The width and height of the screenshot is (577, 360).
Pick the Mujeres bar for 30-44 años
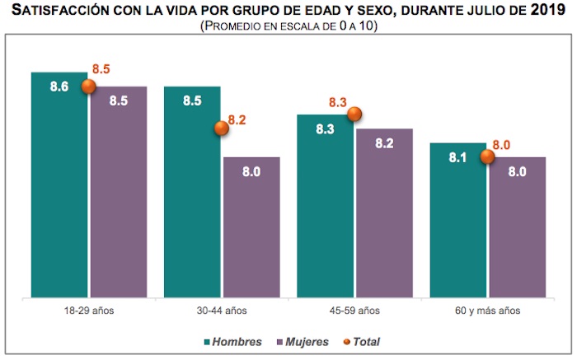(x=251, y=227)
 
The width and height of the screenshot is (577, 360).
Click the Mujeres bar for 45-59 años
(x=383, y=213)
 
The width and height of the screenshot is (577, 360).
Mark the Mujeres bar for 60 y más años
(x=516, y=227)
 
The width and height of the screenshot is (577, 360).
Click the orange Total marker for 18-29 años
(x=89, y=86)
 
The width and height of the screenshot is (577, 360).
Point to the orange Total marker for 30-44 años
(x=222, y=128)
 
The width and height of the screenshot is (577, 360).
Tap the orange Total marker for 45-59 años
(x=354, y=115)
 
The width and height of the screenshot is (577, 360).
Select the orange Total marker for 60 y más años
(x=487, y=157)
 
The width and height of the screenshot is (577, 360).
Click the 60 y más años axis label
(x=487, y=311)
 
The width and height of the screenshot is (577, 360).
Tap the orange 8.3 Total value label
(x=337, y=103)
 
